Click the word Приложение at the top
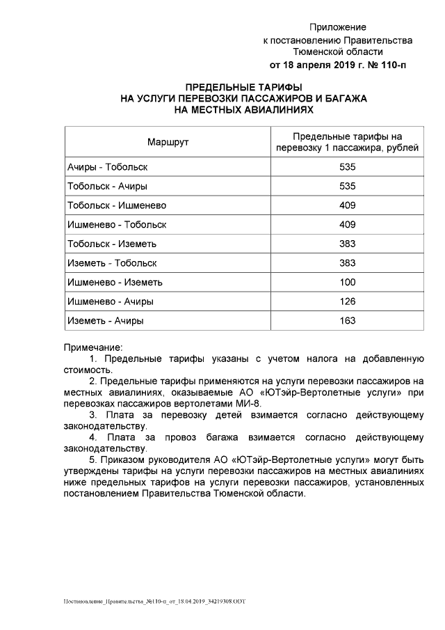tap(337, 27)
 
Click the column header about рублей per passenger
tap(348, 142)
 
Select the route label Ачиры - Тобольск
tap(107, 167)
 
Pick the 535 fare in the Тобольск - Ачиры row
tap(348, 187)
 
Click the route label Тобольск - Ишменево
tap(116, 205)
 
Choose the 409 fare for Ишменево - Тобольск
tap(348, 225)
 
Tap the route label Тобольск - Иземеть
tap(112, 244)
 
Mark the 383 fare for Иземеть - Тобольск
tap(348, 263)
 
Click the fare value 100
tap(348, 282)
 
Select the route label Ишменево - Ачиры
tap(110, 301)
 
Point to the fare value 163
tap(348, 320)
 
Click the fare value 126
tap(348, 301)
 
